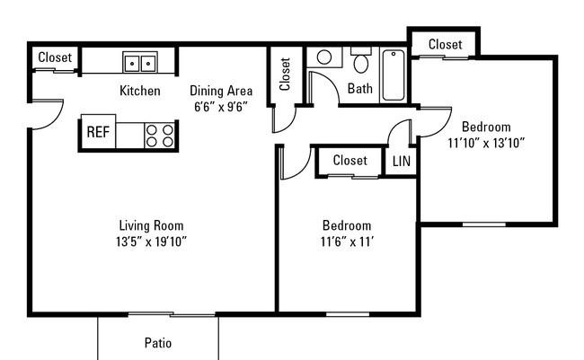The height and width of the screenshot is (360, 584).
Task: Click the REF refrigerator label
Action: pyautogui.click(x=98, y=132)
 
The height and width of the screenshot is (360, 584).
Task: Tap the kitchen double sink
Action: pyautogui.click(x=140, y=62)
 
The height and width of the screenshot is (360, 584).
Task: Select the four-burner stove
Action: pyautogui.click(x=159, y=136)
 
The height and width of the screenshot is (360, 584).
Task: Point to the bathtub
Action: pyautogui.click(x=394, y=75)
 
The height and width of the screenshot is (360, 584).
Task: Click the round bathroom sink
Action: pyautogui.click(x=324, y=57)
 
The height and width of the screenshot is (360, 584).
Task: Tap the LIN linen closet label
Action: pyautogui.click(x=402, y=162)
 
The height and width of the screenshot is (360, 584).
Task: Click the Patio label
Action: pyautogui.click(x=158, y=343)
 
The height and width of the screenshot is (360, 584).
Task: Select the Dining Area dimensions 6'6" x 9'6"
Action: pyautogui.click(x=221, y=107)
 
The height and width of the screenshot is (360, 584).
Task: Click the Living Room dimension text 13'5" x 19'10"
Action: pyautogui.click(x=151, y=242)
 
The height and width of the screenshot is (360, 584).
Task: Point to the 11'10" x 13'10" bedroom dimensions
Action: pyautogui.click(x=486, y=143)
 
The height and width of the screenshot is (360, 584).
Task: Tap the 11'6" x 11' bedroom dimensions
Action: pyautogui.click(x=347, y=242)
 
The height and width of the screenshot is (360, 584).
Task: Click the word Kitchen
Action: pyautogui.click(x=140, y=91)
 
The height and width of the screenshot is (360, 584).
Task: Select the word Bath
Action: pyautogui.click(x=359, y=89)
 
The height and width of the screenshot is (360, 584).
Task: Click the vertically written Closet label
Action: pyautogui.click(x=285, y=75)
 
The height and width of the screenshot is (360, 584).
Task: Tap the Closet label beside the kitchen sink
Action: pyautogui.click(x=55, y=57)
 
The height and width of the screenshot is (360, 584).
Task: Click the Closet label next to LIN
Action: pyautogui.click(x=350, y=161)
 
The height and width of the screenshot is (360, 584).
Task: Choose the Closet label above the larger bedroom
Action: pyautogui.click(x=445, y=44)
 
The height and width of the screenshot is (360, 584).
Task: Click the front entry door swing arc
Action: pyautogui.click(x=56, y=120)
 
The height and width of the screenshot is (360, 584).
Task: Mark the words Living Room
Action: pyautogui.click(x=151, y=225)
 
